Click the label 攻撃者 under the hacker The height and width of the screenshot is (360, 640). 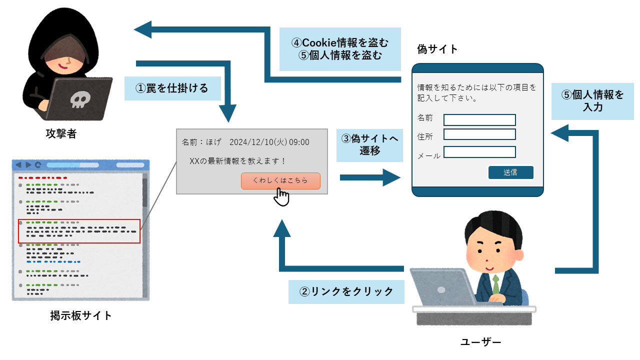[x=60, y=134]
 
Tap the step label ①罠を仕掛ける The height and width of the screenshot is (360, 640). [x=172, y=88]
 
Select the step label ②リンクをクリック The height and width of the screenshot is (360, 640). [x=346, y=291]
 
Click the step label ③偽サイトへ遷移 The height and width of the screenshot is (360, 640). [x=369, y=145]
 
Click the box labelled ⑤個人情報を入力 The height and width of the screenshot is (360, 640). [x=592, y=100]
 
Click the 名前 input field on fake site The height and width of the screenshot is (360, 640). [x=479, y=120]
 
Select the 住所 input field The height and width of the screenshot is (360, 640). [x=479, y=134]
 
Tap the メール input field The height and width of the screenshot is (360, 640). [x=479, y=152]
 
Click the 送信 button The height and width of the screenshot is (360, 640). [x=510, y=172]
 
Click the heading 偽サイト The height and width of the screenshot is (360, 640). [x=437, y=49]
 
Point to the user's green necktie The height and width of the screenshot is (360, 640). [x=495, y=285]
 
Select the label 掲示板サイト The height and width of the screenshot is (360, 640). [x=81, y=315]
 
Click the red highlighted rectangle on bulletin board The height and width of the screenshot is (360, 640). [x=79, y=231]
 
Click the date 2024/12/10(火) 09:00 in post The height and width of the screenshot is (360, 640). [x=269, y=142]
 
